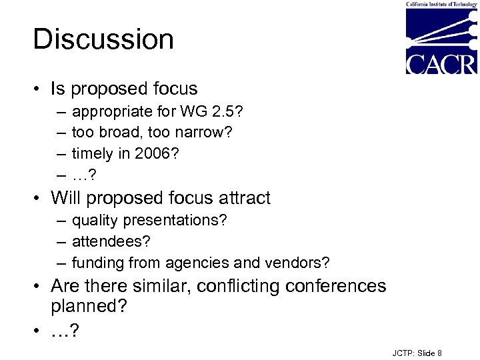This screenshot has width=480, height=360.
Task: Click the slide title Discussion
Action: click(x=103, y=39)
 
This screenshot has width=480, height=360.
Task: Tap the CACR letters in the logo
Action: click(x=441, y=64)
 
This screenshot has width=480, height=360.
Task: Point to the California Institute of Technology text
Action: click(x=441, y=5)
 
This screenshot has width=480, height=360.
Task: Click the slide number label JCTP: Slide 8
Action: click(x=417, y=353)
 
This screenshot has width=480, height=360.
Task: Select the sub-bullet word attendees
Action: click(x=109, y=241)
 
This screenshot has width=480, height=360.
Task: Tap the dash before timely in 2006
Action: click(x=61, y=153)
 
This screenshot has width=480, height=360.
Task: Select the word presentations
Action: click(x=177, y=220)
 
